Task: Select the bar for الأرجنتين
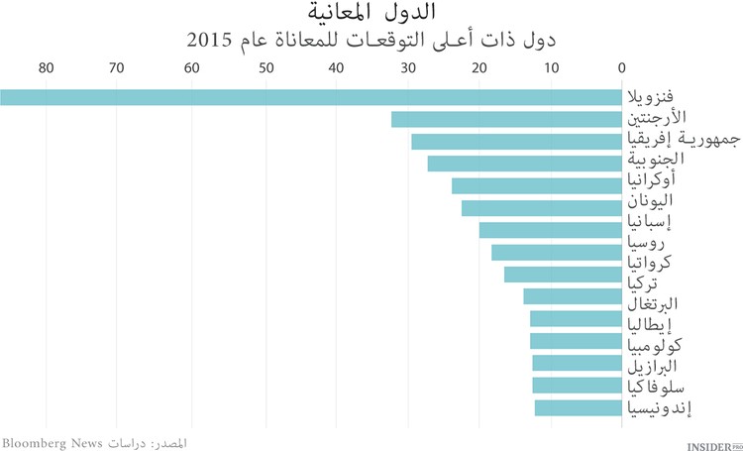click(506, 120)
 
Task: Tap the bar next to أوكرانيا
click(536, 186)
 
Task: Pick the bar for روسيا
click(556, 253)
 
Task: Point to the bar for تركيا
click(563, 275)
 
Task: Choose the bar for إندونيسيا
click(578, 407)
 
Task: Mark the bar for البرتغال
click(572, 296)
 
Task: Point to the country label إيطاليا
click(654, 323)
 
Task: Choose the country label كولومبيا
click(656, 346)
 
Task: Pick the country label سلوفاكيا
click(655, 386)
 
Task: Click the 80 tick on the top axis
click(45, 67)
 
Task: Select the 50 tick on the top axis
click(265, 67)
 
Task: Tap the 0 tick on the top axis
click(621, 67)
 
